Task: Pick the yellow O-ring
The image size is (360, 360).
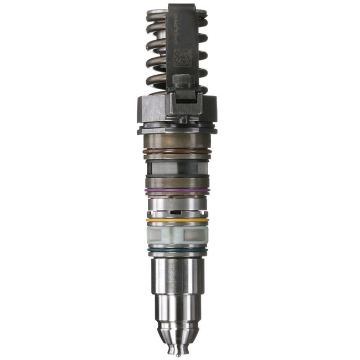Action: [177, 220]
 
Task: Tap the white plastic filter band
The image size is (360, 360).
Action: [177, 235]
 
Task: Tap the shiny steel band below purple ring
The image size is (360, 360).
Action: [177, 203]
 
